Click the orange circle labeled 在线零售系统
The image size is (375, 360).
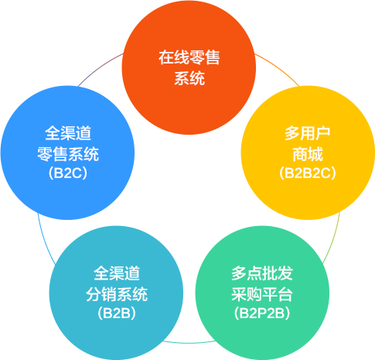point(189,67)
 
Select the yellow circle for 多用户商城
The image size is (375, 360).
point(308,153)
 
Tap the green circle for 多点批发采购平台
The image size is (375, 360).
point(262,293)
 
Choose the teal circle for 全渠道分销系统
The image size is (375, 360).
point(116,293)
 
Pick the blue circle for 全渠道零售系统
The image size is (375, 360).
point(67,153)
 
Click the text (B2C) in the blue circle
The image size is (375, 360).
point(68,173)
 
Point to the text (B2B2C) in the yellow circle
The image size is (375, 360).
point(308,173)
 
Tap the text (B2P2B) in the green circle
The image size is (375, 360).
point(262,314)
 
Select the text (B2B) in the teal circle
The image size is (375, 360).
point(117,314)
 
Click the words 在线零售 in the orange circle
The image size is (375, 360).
point(189,57)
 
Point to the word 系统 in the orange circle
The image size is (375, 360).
point(189,78)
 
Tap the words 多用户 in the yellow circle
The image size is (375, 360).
point(308,133)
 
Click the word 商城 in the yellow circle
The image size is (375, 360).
point(308,154)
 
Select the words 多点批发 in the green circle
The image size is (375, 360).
point(262,273)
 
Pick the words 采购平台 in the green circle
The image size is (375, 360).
point(262,294)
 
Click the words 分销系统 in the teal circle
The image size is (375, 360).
point(117,294)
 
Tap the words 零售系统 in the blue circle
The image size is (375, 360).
point(68,154)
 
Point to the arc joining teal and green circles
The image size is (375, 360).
point(189,343)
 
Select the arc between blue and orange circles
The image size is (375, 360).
point(99,67)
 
